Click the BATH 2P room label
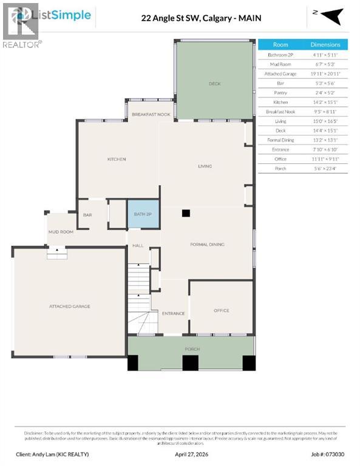143,214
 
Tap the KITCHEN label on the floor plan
117,159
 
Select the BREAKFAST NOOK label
151,114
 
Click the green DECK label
214,84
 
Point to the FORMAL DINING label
207,245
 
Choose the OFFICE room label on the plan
221,311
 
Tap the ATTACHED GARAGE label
69,306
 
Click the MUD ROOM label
61,232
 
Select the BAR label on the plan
87,215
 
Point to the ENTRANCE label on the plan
173,313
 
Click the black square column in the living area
186,213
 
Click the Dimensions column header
325,45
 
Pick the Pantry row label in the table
280,93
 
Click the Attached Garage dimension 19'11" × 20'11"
325,73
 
